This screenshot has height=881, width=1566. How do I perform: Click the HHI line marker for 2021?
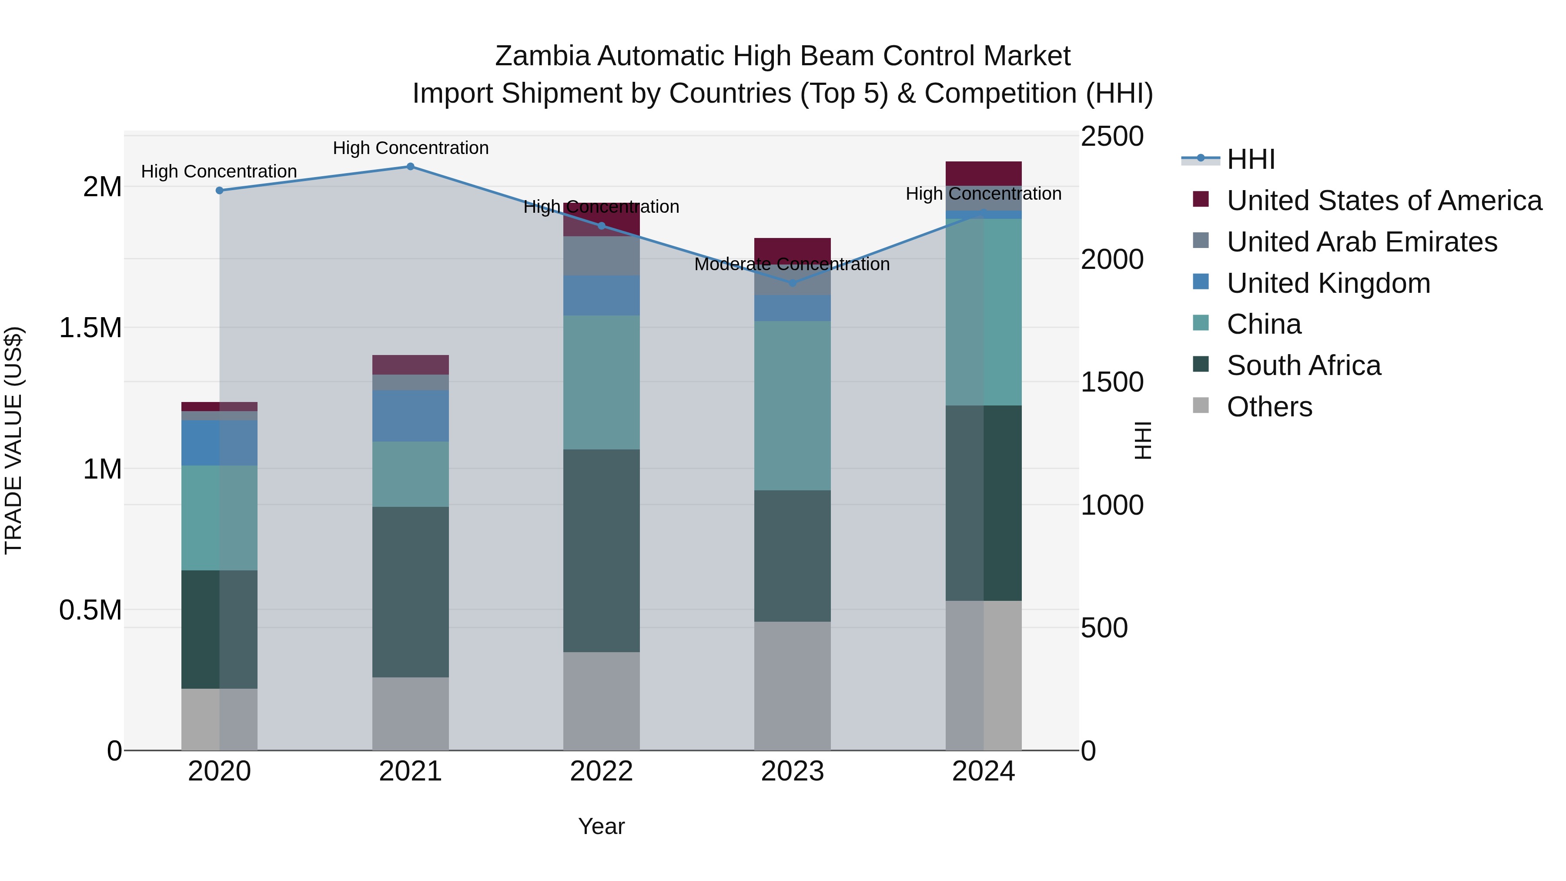410,167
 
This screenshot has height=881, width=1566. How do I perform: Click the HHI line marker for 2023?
792,283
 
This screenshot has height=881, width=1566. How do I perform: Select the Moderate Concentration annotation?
792,265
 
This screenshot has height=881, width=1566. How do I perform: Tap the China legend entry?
1263,324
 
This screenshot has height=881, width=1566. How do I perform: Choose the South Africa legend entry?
1303,365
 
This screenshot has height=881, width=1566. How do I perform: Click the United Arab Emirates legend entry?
1361,242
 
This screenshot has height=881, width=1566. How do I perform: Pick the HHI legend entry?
1251,159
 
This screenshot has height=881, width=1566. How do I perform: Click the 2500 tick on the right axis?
1112,136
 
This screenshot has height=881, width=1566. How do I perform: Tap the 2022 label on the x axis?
601,771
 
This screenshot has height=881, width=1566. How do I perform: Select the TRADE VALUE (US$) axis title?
13,440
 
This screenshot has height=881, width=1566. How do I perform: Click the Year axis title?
601,826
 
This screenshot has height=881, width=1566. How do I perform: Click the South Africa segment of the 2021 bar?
410,592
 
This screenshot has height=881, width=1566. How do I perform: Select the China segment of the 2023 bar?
792,405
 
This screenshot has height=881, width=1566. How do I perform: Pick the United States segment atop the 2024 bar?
983,173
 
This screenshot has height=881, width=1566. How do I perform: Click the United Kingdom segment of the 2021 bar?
410,416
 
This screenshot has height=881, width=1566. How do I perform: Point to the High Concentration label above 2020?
219,171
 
